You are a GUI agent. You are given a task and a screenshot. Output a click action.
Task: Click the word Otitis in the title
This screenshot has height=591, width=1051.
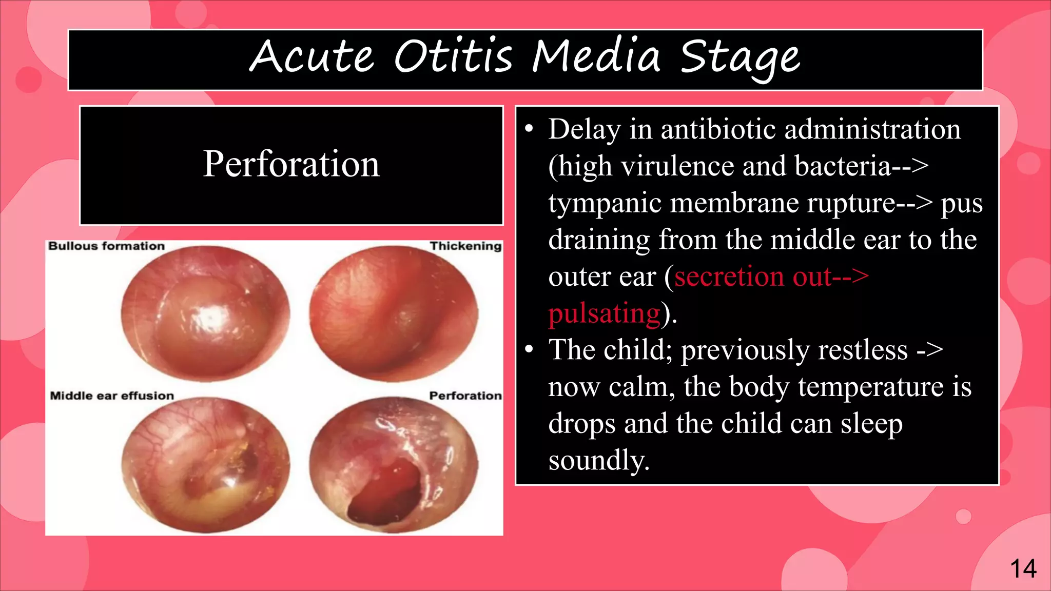click(453, 56)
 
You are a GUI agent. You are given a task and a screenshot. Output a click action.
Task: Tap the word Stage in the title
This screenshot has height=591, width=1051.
click(739, 57)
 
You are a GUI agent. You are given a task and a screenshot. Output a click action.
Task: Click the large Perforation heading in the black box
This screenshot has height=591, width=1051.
click(291, 164)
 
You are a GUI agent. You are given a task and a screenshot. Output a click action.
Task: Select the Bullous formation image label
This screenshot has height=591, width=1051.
click(106, 246)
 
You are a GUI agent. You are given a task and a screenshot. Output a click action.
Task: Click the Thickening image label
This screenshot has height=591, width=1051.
click(465, 246)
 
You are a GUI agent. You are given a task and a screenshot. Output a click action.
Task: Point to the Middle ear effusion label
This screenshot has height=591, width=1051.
click(112, 396)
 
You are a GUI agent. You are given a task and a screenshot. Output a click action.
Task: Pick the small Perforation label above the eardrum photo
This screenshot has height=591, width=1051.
click(465, 396)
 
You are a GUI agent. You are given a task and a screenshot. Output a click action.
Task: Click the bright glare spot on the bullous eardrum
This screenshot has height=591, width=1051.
click(209, 318)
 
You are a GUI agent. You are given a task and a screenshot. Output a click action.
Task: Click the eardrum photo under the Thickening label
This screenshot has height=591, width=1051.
click(394, 314)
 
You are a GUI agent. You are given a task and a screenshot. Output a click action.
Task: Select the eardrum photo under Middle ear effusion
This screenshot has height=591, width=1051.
click(205, 464)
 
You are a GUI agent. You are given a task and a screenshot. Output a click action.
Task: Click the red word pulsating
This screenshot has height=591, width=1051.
click(604, 313)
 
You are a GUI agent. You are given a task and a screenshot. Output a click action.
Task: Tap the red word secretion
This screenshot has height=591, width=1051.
click(729, 277)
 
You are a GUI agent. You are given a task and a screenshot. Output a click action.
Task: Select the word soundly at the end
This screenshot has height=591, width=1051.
click(598, 460)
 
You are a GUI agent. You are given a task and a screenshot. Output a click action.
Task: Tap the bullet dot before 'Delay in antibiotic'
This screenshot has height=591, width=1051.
click(530, 129)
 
